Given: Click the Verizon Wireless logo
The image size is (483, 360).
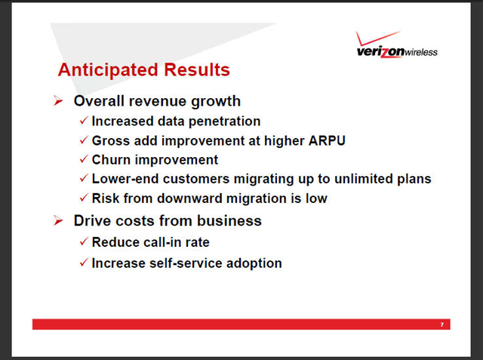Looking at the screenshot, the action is click(397, 45).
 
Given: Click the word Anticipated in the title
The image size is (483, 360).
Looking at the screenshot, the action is click(108, 70).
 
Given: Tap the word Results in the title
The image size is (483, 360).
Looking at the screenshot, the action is click(197, 69).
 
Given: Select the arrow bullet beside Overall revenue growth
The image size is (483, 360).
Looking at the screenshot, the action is click(58, 100).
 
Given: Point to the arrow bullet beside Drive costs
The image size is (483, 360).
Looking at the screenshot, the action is click(58, 220).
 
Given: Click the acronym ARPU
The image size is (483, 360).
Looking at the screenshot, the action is click(327, 140).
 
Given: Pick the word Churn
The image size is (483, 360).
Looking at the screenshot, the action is click(111, 160).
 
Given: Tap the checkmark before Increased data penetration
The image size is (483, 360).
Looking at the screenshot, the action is click(84, 120).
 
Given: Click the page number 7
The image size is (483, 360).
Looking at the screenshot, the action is click(442, 325).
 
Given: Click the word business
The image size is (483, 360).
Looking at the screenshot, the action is click(229, 221).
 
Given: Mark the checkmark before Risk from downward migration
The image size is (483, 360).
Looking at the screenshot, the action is click(84, 198).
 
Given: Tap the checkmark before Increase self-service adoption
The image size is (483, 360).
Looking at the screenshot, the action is click(84, 263).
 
